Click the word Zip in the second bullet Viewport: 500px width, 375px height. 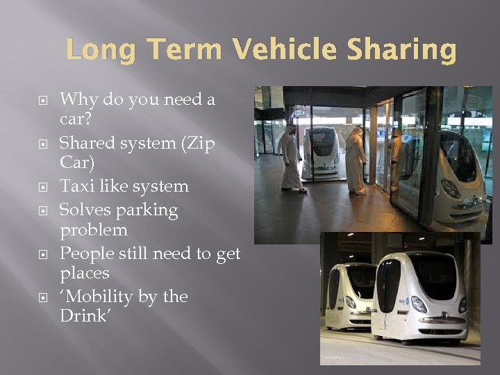[x=200, y=143]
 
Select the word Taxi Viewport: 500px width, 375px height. [x=78, y=186]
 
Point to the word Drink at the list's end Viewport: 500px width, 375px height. [x=83, y=316]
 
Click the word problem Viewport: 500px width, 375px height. [x=94, y=230]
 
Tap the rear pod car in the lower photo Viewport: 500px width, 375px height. [x=347, y=295]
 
